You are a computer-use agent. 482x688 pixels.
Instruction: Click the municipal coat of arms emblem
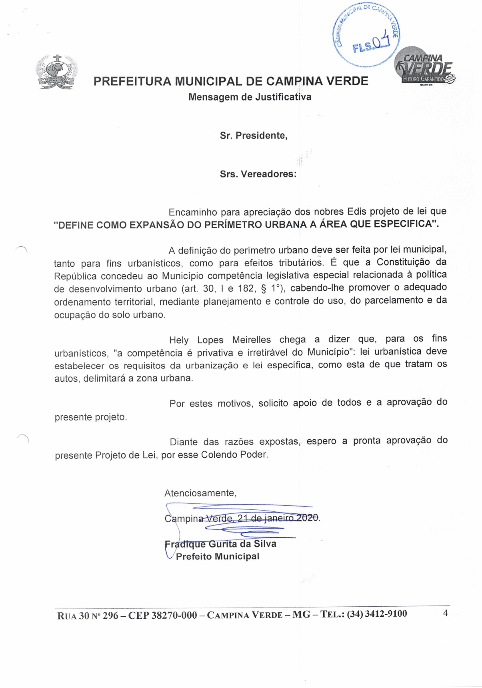pyautogui.click(x=56, y=72)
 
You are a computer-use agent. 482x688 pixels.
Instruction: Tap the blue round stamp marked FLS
pyautogui.click(x=366, y=35)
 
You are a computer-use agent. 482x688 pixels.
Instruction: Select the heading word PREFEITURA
pyautogui.click(x=132, y=81)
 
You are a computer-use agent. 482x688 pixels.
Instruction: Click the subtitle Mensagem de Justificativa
pyautogui.click(x=250, y=97)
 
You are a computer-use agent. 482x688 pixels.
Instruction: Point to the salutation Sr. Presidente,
pyautogui.click(x=254, y=135)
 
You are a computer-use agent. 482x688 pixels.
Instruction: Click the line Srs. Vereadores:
pyautogui.click(x=258, y=174)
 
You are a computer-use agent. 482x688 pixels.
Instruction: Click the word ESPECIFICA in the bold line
pyautogui.click(x=404, y=224)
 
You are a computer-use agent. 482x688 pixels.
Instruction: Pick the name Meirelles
pyautogui.click(x=251, y=340)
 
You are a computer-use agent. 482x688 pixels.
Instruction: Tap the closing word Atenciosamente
pyautogui.click(x=200, y=493)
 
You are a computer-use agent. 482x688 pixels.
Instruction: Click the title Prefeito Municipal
pyautogui.click(x=218, y=556)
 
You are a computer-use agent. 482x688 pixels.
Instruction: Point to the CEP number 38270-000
pyautogui.click(x=173, y=615)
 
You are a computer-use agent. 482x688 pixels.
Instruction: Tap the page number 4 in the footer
pyautogui.click(x=445, y=613)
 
